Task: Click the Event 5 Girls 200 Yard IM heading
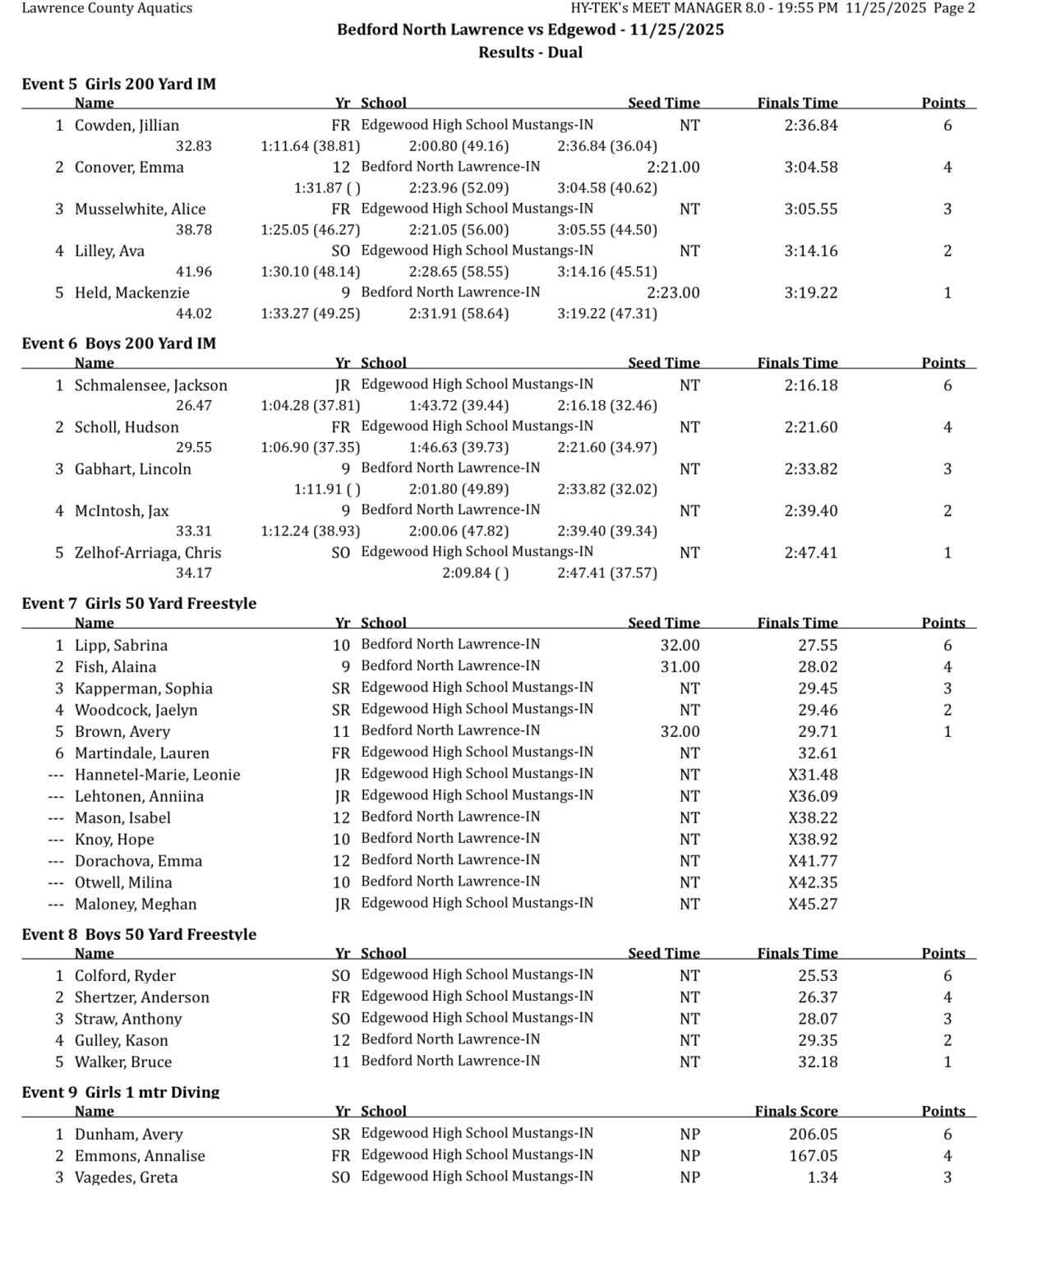pyautogui.click(x=118, y=84)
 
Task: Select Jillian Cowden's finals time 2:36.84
pyautogui.click(x=810, y=126)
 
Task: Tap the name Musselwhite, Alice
pyautogui.click(x=140, y=209)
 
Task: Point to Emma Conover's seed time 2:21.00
pyautogui.click(x=673, y=168)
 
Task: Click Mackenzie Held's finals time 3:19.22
pyautogui.click(x=810, y=292)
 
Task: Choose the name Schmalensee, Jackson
pyautogui.click(x=150, y=385)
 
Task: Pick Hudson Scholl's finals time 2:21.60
pyautogui.click(x=810, y=427)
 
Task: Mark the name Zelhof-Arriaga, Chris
pyautogui.click(x=148, y=553)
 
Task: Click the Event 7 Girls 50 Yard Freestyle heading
pyautogui.click(x=139, y=603)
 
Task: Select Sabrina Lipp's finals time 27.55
pyautogui.click(x=818, y=646)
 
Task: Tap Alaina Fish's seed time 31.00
pyautogui.click(x=680, y=667)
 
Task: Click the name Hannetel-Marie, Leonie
pyautogui.click(x=157, y=775)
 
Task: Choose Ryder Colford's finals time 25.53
pyautogui.click(x=818, y=976)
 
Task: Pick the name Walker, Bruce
pyautogui.click(x=123, y=1062)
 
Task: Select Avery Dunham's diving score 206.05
pyautogui.click(x=813, y=1135)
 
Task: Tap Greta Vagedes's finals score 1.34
pyautogui.click(x=823, y=1177)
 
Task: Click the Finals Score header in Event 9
pyautogui.click(x=795, y=1112)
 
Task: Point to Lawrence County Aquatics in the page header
pyautogui.click(x=107, y=8)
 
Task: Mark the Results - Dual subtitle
pyautogui.click(x=530, y=53)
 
